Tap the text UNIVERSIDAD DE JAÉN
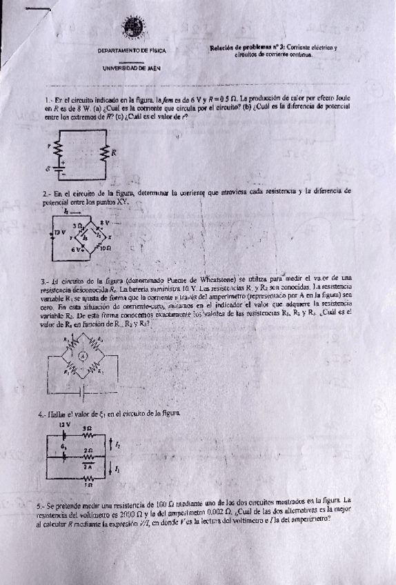tap(132, 69)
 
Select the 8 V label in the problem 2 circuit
tap(105, 222)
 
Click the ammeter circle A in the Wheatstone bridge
tap(80, 356)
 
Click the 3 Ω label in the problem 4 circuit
tap(87, 428)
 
